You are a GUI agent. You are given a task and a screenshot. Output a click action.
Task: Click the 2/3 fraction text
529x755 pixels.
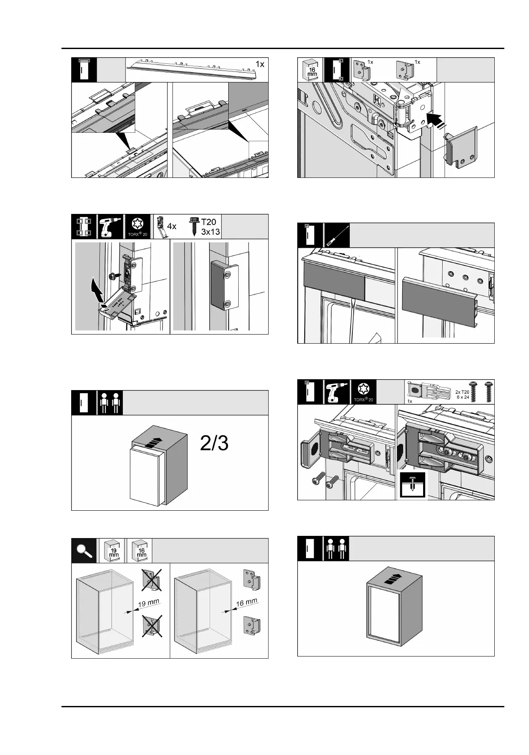click(214, 444)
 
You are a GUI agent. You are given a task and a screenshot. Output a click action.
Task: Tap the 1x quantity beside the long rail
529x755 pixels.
click(260, 64)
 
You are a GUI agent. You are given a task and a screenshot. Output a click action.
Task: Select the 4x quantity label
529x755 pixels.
click(172, 226)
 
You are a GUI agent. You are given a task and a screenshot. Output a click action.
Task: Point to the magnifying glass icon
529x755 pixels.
click(83, 550)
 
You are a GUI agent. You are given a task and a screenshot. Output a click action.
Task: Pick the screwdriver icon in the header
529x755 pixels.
click(336, 235)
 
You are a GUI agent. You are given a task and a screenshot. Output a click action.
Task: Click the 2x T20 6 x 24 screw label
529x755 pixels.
click(462, 394)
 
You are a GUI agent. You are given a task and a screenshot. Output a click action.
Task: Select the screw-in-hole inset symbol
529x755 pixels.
click(412, 485)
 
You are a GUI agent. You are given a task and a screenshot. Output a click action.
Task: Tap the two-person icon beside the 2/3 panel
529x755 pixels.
click(109, 402)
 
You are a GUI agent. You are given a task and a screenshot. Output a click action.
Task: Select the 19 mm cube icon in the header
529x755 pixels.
click(112, 551)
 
